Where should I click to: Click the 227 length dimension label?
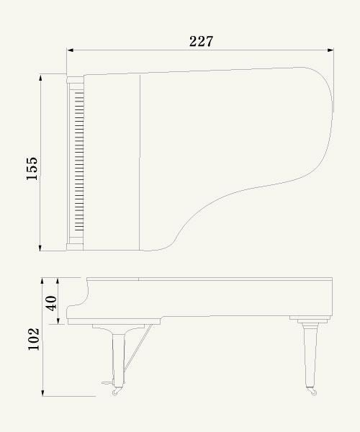point(201,41)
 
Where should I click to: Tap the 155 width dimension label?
point(32,168)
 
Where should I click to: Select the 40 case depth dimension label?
point(51,303)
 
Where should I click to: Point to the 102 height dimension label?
point(34,339)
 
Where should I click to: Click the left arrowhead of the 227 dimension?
point(70,50)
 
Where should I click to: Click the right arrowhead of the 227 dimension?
point(330,50)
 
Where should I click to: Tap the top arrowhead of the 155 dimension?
point(40,78)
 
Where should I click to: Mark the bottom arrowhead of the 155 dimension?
point(40,248)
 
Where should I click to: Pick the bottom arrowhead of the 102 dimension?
point(42,393)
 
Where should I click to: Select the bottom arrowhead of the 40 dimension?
point(58,321)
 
